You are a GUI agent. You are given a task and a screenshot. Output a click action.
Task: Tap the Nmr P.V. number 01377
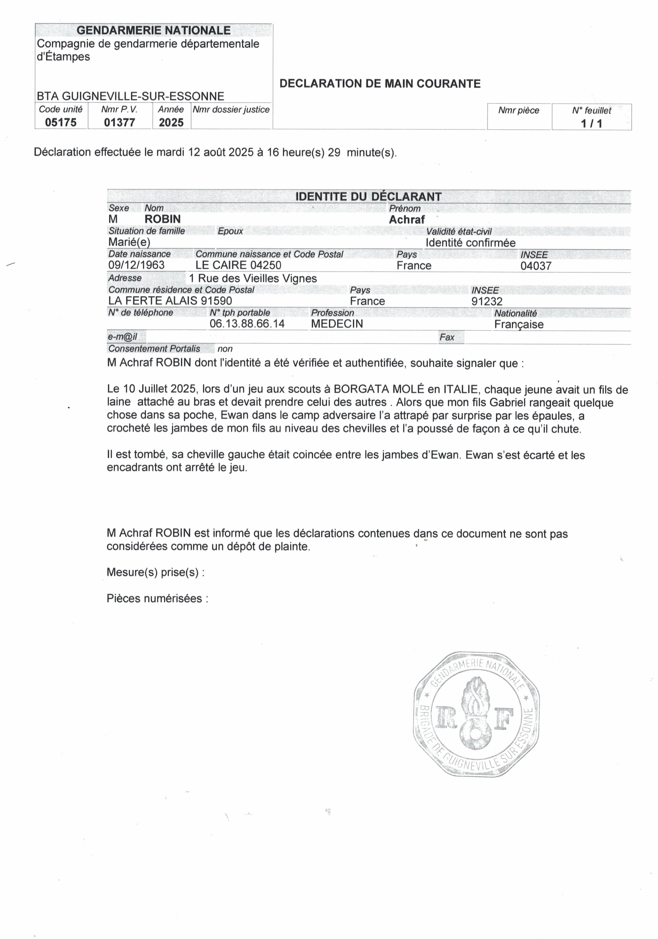119,122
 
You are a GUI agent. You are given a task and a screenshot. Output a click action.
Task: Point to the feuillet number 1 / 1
591,124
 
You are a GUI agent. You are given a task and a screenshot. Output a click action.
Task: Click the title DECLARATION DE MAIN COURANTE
380,84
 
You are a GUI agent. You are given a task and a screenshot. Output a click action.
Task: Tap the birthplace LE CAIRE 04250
238,265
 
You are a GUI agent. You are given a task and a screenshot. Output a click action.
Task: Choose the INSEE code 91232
486,301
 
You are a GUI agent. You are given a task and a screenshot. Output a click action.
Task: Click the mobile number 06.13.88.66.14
247,324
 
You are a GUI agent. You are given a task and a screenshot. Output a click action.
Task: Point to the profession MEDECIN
337,324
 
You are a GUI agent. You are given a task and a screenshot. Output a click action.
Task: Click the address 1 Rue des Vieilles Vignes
253,278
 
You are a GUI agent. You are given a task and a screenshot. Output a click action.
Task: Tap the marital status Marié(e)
129,242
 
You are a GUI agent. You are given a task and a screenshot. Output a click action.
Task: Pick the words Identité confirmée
470,243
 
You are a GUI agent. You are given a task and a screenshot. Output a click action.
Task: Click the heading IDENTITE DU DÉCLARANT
368,197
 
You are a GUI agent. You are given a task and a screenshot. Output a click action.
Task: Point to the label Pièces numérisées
157,599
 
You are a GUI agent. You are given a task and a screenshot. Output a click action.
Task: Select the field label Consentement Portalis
154,349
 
